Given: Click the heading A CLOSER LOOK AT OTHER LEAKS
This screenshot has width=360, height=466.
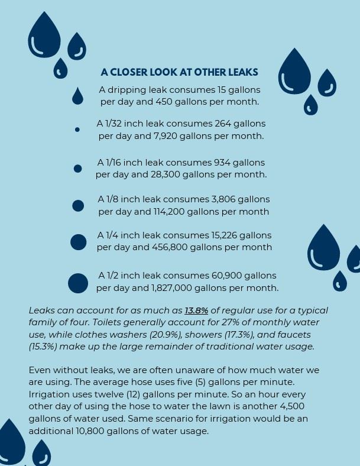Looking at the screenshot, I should (179, 72).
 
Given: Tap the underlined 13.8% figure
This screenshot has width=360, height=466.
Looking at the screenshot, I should (196, 310).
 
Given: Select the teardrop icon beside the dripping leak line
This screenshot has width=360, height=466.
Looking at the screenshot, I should (77, 96).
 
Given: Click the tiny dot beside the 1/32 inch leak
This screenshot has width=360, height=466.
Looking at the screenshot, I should (77, 130).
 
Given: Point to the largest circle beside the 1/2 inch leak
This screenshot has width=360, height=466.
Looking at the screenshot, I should (78, 283).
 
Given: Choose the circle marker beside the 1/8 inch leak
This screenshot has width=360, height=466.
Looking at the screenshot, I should (77, 206).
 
